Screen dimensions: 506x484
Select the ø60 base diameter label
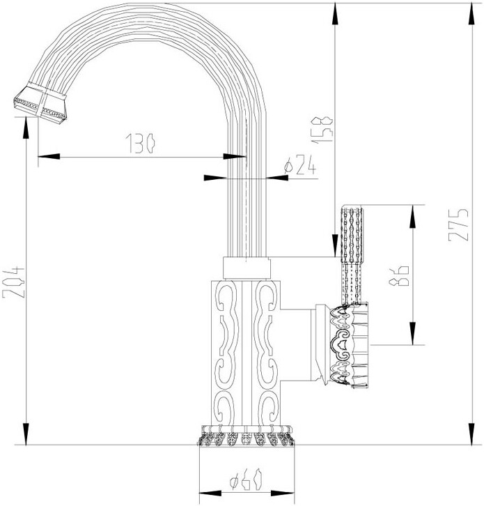(x=247, y=480)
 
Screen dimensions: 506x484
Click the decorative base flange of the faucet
(x=247, y=436)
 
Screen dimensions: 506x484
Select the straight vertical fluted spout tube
(x=247, y=209)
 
